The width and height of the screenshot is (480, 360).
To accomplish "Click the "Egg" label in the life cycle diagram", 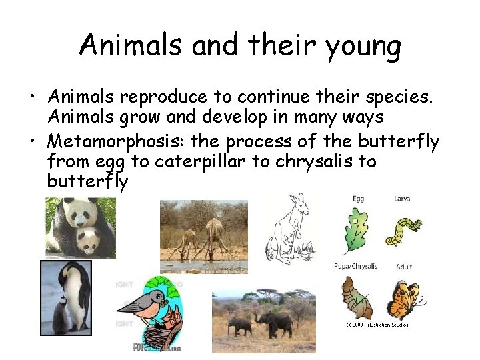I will pyautogui.click(x=359, y=199).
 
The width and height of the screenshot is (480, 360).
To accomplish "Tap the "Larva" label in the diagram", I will pyautogui.click(x=402, y=199).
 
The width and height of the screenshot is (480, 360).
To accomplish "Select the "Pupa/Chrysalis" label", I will pyautogui.click(x=355, y=266).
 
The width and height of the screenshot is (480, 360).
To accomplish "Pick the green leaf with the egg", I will pyautogui.click(x=355, y=231).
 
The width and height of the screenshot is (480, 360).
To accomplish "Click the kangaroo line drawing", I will pyautogui.click(x=289, y=229).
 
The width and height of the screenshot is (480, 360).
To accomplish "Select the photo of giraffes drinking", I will pyautogui.click(x=203, y=237).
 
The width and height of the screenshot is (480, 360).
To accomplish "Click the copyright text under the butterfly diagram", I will pyautogui.click(x=377, y=325).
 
